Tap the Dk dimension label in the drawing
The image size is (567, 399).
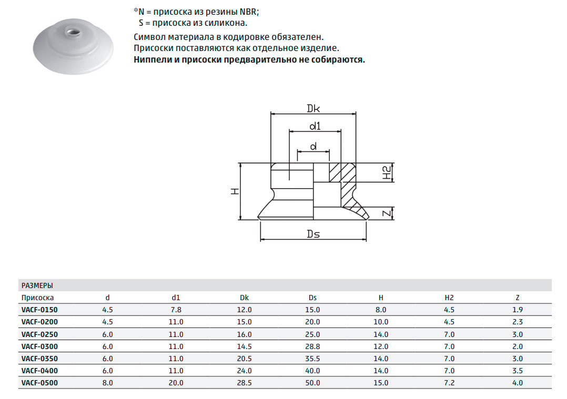(313, 108)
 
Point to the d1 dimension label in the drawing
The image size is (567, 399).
(315, 126)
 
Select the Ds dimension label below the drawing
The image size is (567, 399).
(313, 234)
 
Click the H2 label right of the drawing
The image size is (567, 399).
(387, 173)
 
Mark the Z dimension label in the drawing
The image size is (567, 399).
(387, 213)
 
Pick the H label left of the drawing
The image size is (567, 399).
(235, 191)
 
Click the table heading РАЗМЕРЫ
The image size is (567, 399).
(37, 285)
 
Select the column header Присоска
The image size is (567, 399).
(38, 298)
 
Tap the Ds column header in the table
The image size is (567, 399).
(312, 298)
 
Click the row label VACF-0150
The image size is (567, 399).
(39, 310)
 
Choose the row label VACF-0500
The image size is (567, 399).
(39, 383)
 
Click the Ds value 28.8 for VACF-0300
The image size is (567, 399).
(312, 346)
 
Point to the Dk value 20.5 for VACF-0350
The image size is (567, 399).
(244, 359)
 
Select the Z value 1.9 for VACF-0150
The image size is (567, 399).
(518, 310)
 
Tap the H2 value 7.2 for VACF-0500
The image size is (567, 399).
(449, 383)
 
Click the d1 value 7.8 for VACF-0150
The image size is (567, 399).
(176, 310)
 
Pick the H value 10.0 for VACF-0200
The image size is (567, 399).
(381, 322)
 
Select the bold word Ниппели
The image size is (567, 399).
(153, 59)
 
